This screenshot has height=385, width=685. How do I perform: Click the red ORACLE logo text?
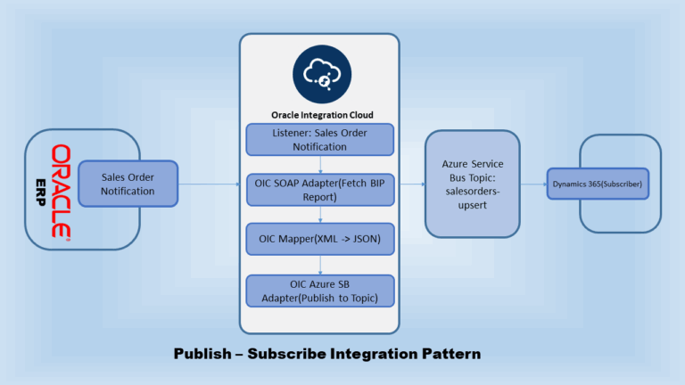pyautogui.click(x=61, y=191)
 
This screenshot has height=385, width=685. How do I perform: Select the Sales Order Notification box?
pyautogui.click(x=128, y=184)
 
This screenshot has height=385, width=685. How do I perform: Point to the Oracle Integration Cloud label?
pyautogui.click(x=318, y=114)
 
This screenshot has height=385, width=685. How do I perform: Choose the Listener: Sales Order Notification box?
pyautogui.click(x=319, y=139)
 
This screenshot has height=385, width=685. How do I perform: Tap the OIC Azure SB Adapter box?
pyautogui.click(x=319, y=290)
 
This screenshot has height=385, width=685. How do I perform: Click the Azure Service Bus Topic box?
pyautogui.click(x=472, y=184)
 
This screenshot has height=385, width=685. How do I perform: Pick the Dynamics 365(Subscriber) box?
pyautogui.click(x=597, y=184)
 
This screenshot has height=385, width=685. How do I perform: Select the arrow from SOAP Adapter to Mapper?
pyautogui.click(x=319, y=215)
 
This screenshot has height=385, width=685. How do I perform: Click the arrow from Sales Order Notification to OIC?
pyautogui.click(x=210, y=185)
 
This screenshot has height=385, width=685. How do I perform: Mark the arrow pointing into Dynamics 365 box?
pyautogui.click(x=532, y=185)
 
